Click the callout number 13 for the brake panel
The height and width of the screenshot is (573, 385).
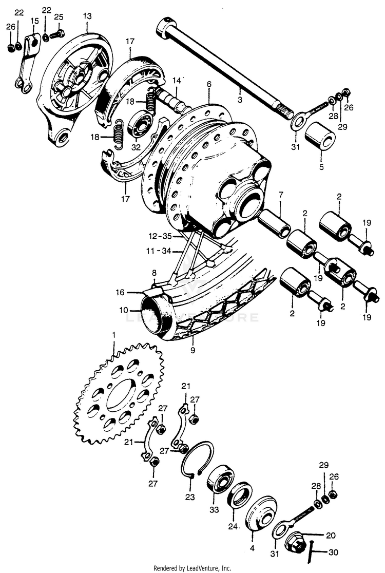coord(87,16)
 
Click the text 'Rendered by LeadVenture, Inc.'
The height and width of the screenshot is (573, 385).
coord(192,568)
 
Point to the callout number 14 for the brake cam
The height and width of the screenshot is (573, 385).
coord(177,81)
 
